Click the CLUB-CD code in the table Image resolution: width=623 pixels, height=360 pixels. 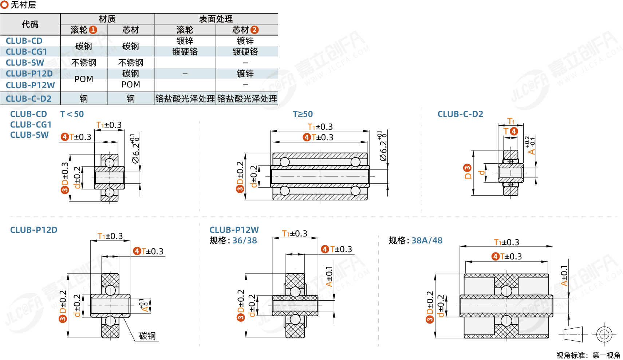pyautogui.click(x=24, y=41)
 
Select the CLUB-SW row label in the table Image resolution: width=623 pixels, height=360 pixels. pyautogui.click(x=25, y=63)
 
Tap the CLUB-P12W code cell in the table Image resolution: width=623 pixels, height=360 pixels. pyautogui.click(x=30, y=85)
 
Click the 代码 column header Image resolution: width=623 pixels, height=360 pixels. pyautogui.click(x=30, y=24)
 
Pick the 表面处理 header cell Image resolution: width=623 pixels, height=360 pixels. pyautogui.click(x=216, y=19)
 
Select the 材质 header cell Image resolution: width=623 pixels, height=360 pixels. pyautogui.click(x=107, y=19)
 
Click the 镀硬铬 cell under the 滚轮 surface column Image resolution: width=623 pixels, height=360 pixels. pyautogui.click(x=185, y=52)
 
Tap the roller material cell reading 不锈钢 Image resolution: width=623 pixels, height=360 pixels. pyautogui.click(x=84, y=63)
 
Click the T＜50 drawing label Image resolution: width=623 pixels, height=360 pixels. pyautogui.click(x=72, y=114)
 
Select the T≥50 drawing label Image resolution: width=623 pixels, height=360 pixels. pyautogui.click(x=303, y=114)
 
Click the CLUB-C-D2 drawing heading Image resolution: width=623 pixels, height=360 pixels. pyautogui.click(x=460, y=114)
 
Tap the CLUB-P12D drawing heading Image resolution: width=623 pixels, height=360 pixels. pyautogui.click(x=33, y=230)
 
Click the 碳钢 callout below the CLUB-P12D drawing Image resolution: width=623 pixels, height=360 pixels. pyautogui.click(x=147, y=336)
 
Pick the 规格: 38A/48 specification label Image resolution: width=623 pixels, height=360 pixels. pyautogui.click(x=415, y=240)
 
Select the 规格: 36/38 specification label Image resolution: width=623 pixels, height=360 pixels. pyautogui.click(x=233, y=240)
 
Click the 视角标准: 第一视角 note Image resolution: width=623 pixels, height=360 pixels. pyautogui.click(x=588, y=355)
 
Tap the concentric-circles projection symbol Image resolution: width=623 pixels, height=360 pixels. pyautogui.click(x=604, y=334)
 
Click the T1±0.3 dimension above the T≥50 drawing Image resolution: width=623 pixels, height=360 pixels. pyautogui.click(x=320, y=127)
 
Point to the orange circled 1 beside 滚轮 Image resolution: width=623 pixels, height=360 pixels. pyautogui.click(x=93, y=30)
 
